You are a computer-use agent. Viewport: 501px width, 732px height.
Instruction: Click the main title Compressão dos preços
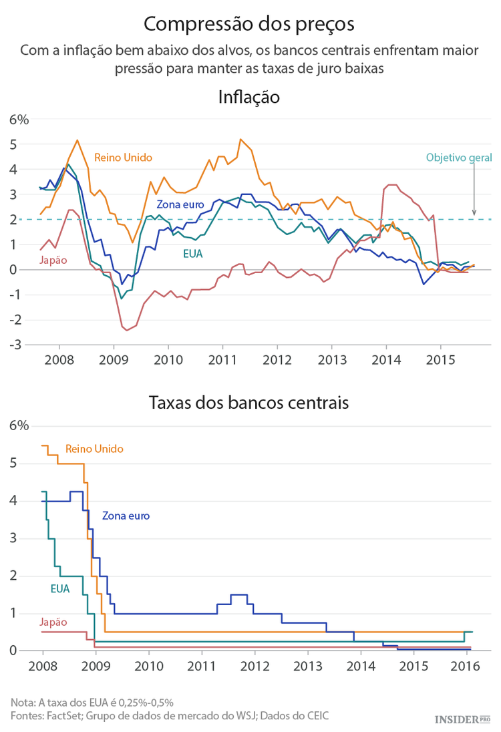tap(249, 24)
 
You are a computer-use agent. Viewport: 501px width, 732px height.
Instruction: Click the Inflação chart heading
tap(248, 97)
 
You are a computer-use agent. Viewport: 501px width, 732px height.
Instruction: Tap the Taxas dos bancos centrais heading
tap(248, 403)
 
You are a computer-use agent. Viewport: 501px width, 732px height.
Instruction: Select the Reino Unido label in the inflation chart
tap(123, 158)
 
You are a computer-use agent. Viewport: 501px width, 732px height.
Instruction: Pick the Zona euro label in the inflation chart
tap(180, 204)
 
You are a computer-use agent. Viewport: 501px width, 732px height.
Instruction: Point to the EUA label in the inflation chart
tap(193, 253)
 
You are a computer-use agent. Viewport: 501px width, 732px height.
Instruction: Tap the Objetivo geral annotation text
tap(458, 158)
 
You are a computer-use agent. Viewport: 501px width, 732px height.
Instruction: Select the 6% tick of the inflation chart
tap(19, 120)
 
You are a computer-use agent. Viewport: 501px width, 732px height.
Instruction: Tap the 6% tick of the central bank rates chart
tap(19, 426)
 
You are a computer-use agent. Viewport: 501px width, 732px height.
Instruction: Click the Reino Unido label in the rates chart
tap(94, 449)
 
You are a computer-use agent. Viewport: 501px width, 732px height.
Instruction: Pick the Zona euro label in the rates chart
tap(126, 516)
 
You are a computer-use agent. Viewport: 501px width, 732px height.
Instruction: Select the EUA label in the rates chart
tap(60, 588)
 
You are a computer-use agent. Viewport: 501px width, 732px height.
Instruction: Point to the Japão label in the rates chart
tap(53, 622)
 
